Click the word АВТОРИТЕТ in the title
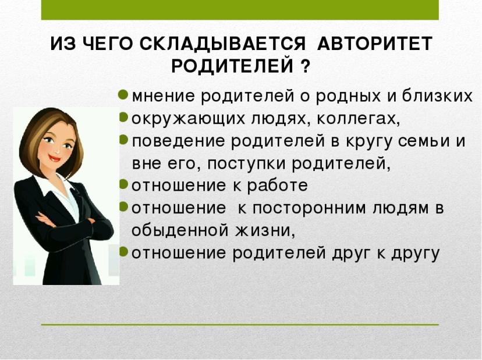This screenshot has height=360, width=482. [x=375, y=44]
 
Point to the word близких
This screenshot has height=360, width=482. [x=437, y=95]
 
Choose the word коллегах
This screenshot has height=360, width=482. [x=358, y=119]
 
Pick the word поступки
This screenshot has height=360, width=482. [x=247, y=163]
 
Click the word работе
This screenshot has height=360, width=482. [x=277, y=185]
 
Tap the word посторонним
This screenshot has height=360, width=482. [x=310, y=208]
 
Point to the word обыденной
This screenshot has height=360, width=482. [x=180, y=230]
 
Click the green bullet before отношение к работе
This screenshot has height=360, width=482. [x=123, y=184]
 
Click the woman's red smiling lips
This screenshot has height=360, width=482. [x=54, y=159]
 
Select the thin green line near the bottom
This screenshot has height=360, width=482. [x=240, y=325]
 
